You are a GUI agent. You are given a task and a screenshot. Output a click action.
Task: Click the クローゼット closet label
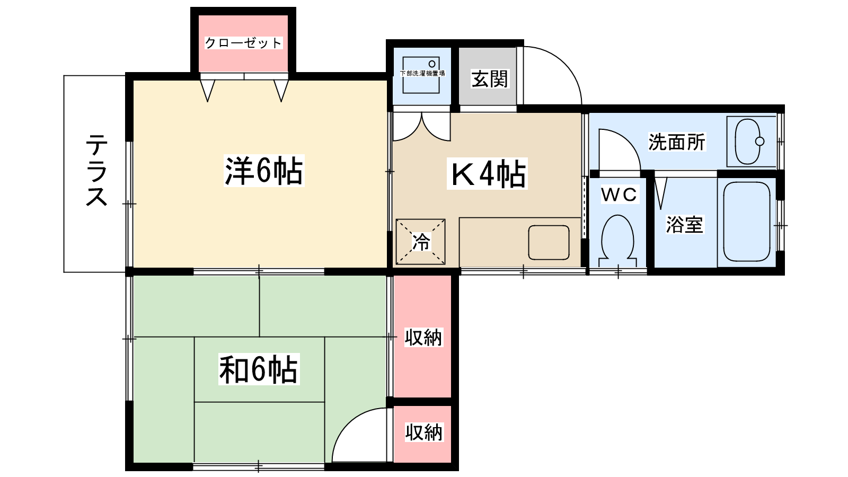[x=243, y=43]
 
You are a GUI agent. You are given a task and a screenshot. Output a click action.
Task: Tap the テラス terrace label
[x=96, y=170]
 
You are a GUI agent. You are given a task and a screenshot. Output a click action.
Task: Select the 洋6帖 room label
[x=264, y=171]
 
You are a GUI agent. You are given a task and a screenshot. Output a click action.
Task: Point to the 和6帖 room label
[x=259, y=369]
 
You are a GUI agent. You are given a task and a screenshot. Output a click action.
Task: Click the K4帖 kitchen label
[x=487, y=174]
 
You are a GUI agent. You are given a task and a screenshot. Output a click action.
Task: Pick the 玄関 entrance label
[x=490, y=79]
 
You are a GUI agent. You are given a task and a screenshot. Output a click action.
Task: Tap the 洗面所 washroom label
[x=677, y=143]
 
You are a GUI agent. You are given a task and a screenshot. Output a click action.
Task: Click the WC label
[x=619, y=195]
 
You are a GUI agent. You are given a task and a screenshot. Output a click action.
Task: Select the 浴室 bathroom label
[x=684, y=225]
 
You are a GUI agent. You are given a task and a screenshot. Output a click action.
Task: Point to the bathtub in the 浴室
[x=747, y=222]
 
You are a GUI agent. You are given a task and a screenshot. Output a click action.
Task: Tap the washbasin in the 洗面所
[x=748, y=142]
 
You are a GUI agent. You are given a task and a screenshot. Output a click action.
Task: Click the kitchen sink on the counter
[x=549, y=243]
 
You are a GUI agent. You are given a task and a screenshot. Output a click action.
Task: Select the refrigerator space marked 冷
[x=421, y=242]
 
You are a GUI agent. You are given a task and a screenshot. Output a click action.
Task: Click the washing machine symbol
[x=421, y=75]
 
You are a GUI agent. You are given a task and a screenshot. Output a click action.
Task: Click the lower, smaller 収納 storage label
[x=423, y=432]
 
